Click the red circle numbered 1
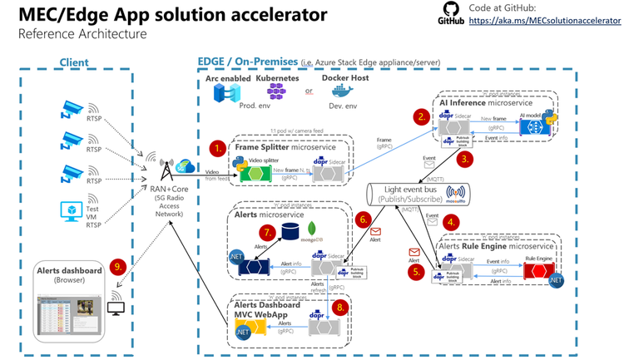218,148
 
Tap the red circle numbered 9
120,266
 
